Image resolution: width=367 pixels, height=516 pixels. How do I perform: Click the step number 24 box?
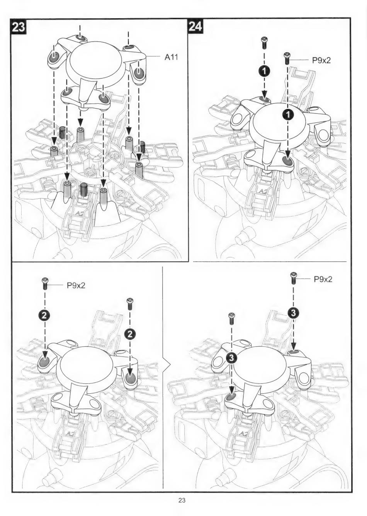point(195,26)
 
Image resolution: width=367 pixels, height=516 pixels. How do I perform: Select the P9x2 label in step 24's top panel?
point(321,60)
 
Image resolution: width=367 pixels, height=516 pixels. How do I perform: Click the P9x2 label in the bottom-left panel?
point(76,286)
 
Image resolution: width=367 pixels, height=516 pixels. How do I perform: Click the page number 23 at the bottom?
point(182,501)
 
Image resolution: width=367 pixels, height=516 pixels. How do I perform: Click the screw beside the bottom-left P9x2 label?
point(45,284)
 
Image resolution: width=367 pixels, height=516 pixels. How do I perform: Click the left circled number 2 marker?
point(45,316)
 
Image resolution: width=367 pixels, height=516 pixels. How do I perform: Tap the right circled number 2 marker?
point(130,333)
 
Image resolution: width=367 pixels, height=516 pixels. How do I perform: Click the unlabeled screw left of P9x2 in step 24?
point(264,42)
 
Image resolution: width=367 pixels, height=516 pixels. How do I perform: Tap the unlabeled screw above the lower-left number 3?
point(231,318)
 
